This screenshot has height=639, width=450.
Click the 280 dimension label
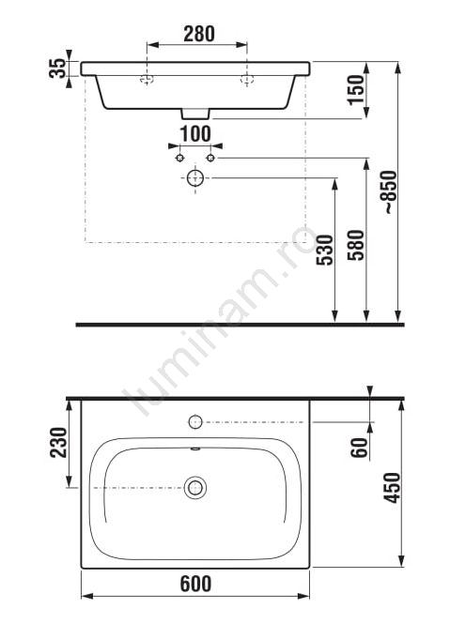click(199, 34)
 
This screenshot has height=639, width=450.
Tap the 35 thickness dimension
click(57, 68)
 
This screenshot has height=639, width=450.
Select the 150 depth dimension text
click(356, 90)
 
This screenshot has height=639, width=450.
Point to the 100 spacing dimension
click(195, 134)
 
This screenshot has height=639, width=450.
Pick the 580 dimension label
click(355, 245)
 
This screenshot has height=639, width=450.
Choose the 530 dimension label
click(325, 251)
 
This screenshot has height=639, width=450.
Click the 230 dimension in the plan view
click(58, 442)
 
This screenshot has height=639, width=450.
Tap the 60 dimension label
click(360, 448)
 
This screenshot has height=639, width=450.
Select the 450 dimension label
click(392, 487)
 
